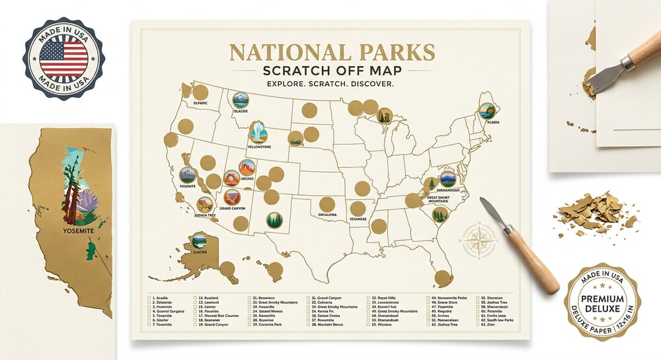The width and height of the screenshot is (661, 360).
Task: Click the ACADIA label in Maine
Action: [x=489, y=123]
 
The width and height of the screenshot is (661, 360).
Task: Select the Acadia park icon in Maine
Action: [x=487, y=111]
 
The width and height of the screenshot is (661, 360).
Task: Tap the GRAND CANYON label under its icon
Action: [x=233, y=209]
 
